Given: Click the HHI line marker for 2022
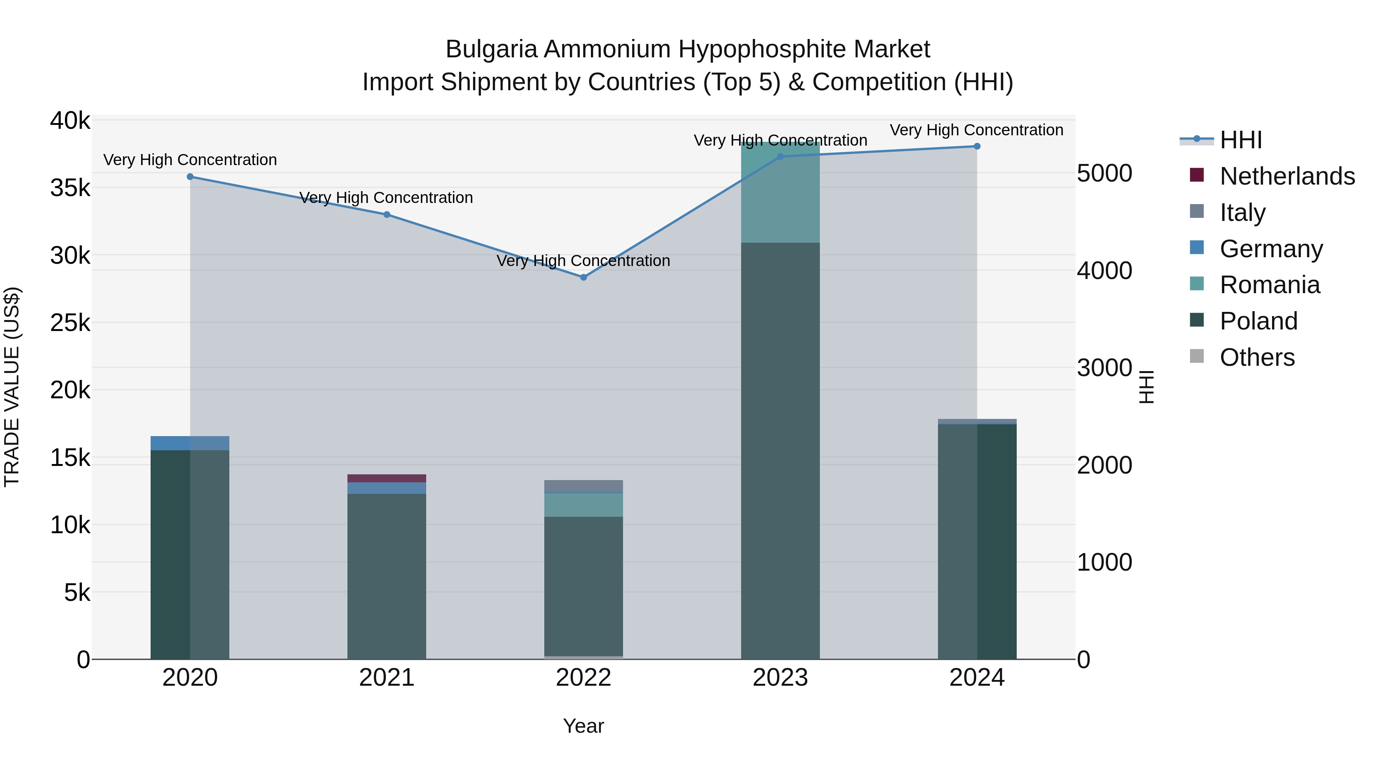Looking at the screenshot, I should [x=583, y=277].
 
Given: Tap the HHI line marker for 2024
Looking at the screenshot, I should [x=977, y=146].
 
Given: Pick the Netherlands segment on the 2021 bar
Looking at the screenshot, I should [x=387, y=478].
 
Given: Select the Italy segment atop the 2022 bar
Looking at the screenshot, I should [x=583, y=485].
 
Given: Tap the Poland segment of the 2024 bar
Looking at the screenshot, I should [x=977, y=539].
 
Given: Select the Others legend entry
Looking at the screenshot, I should [x=1257, y=357].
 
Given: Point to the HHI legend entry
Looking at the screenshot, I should [x=1240, y=140].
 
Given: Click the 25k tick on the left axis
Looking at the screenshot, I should [x=70, y=323].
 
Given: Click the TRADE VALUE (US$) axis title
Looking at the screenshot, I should [x=12, y=387].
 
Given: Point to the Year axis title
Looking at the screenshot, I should [x=583, y=726].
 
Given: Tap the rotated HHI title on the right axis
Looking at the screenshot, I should [x=1147, y=387].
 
